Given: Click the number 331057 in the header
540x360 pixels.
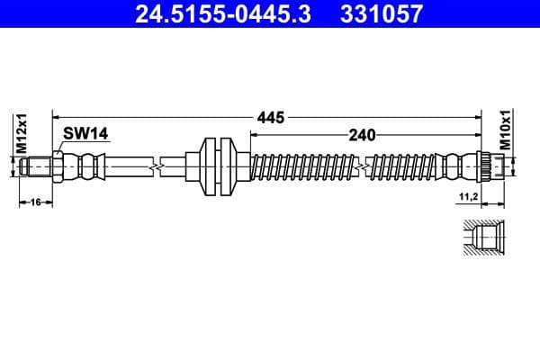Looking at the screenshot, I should click(x=378, y=14).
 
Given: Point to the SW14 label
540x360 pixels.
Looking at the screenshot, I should click(x=85, y=133).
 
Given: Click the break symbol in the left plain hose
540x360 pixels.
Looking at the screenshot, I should click(x=158, y=166).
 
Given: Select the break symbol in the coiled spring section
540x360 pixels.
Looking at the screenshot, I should click(x=362, y=166).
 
